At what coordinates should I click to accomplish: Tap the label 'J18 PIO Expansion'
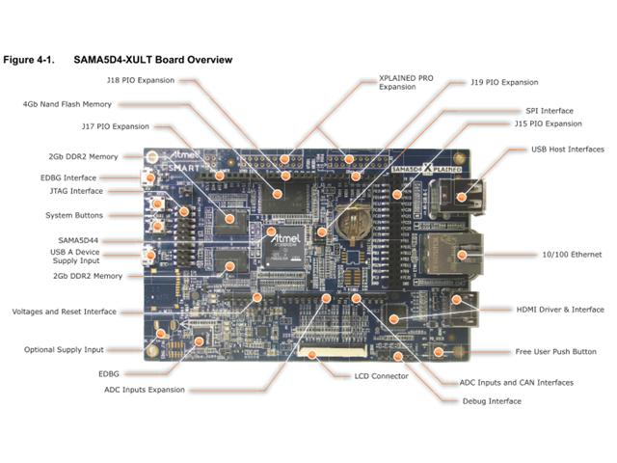(143, 80)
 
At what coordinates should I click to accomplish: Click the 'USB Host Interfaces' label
(568, 150)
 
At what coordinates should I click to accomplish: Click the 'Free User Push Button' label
(556, 352)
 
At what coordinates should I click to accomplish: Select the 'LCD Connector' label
(376, 376)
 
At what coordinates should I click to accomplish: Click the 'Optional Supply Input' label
(64, 349)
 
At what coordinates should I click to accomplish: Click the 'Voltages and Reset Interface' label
(64, 312)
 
